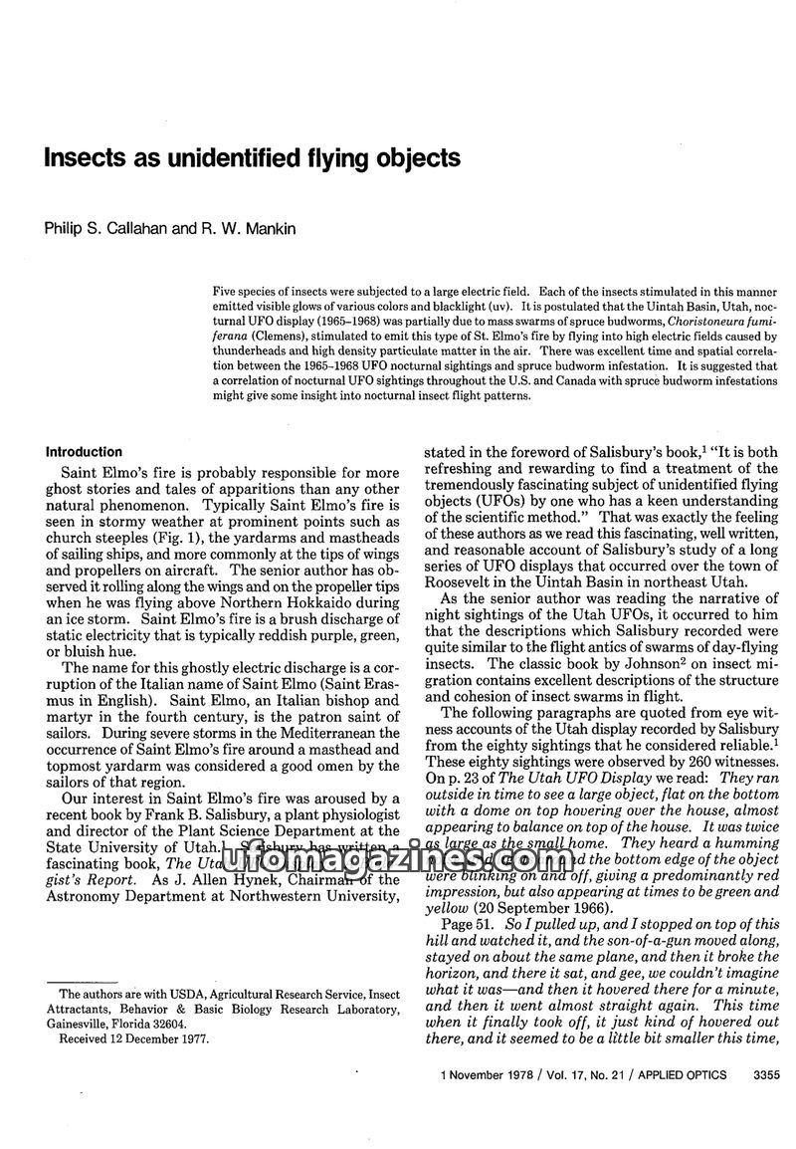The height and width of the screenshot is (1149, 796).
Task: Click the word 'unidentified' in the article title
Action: (x=200, y=158)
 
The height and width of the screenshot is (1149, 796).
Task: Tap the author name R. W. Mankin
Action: (x=247, y=229)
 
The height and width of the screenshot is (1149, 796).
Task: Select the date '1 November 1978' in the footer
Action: (x=491, y=1074)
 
